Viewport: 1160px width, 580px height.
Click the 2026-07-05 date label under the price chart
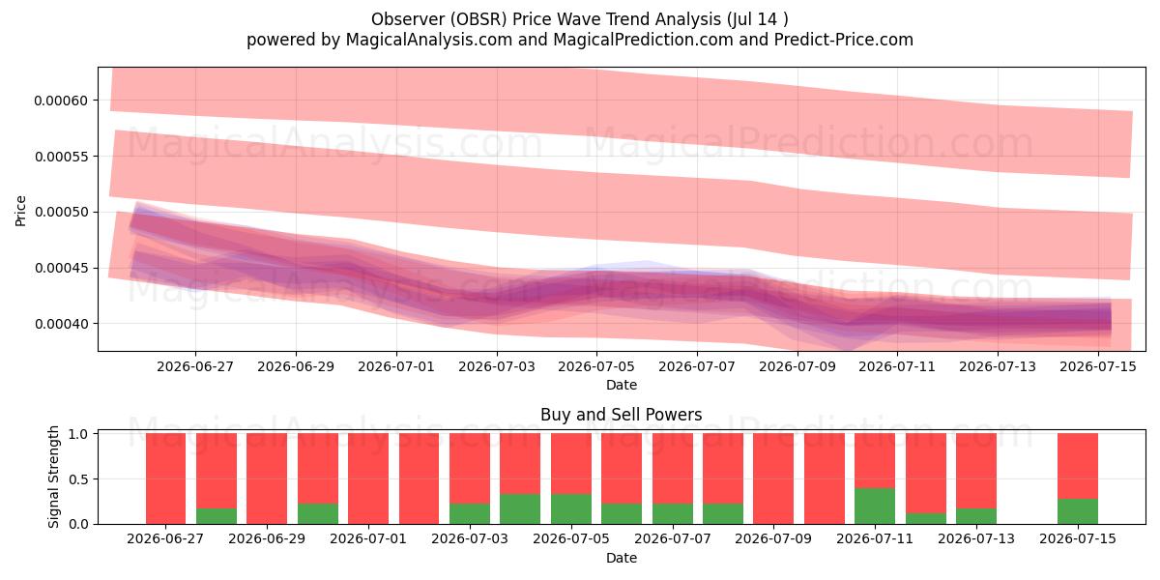596,366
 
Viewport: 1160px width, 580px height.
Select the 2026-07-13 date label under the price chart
998,366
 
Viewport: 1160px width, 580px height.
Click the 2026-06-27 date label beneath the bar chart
165,539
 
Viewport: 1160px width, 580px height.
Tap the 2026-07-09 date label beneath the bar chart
773,539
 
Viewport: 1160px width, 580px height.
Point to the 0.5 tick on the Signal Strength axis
78,479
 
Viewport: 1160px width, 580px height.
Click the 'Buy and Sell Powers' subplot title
622,415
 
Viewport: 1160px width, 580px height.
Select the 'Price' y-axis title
20,211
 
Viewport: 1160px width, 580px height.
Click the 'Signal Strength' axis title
53,477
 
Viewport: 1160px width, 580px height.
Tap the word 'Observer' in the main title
408,19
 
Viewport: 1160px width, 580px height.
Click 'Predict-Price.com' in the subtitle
844,40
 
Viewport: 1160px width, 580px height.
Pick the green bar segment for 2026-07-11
875,506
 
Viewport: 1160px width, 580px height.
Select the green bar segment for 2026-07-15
1078,511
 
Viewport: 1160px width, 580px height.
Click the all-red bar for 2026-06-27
165,478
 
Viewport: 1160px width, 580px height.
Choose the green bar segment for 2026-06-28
217,516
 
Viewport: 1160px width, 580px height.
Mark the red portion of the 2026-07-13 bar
976,471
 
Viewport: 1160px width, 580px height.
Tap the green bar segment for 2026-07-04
520,509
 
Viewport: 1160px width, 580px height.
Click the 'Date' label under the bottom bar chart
622,559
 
